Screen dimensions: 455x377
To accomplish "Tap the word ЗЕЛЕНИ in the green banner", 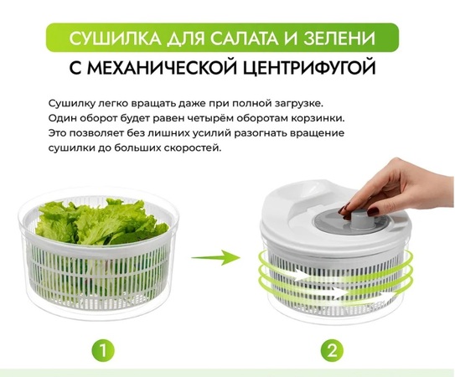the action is click(339, 38).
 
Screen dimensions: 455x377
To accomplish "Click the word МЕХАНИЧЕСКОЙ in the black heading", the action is click(154, 68).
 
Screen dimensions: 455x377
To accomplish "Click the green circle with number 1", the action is click(103, 350).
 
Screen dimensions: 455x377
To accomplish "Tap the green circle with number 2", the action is click(333, 350).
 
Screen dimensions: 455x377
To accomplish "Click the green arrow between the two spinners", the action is click(216, 257).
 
